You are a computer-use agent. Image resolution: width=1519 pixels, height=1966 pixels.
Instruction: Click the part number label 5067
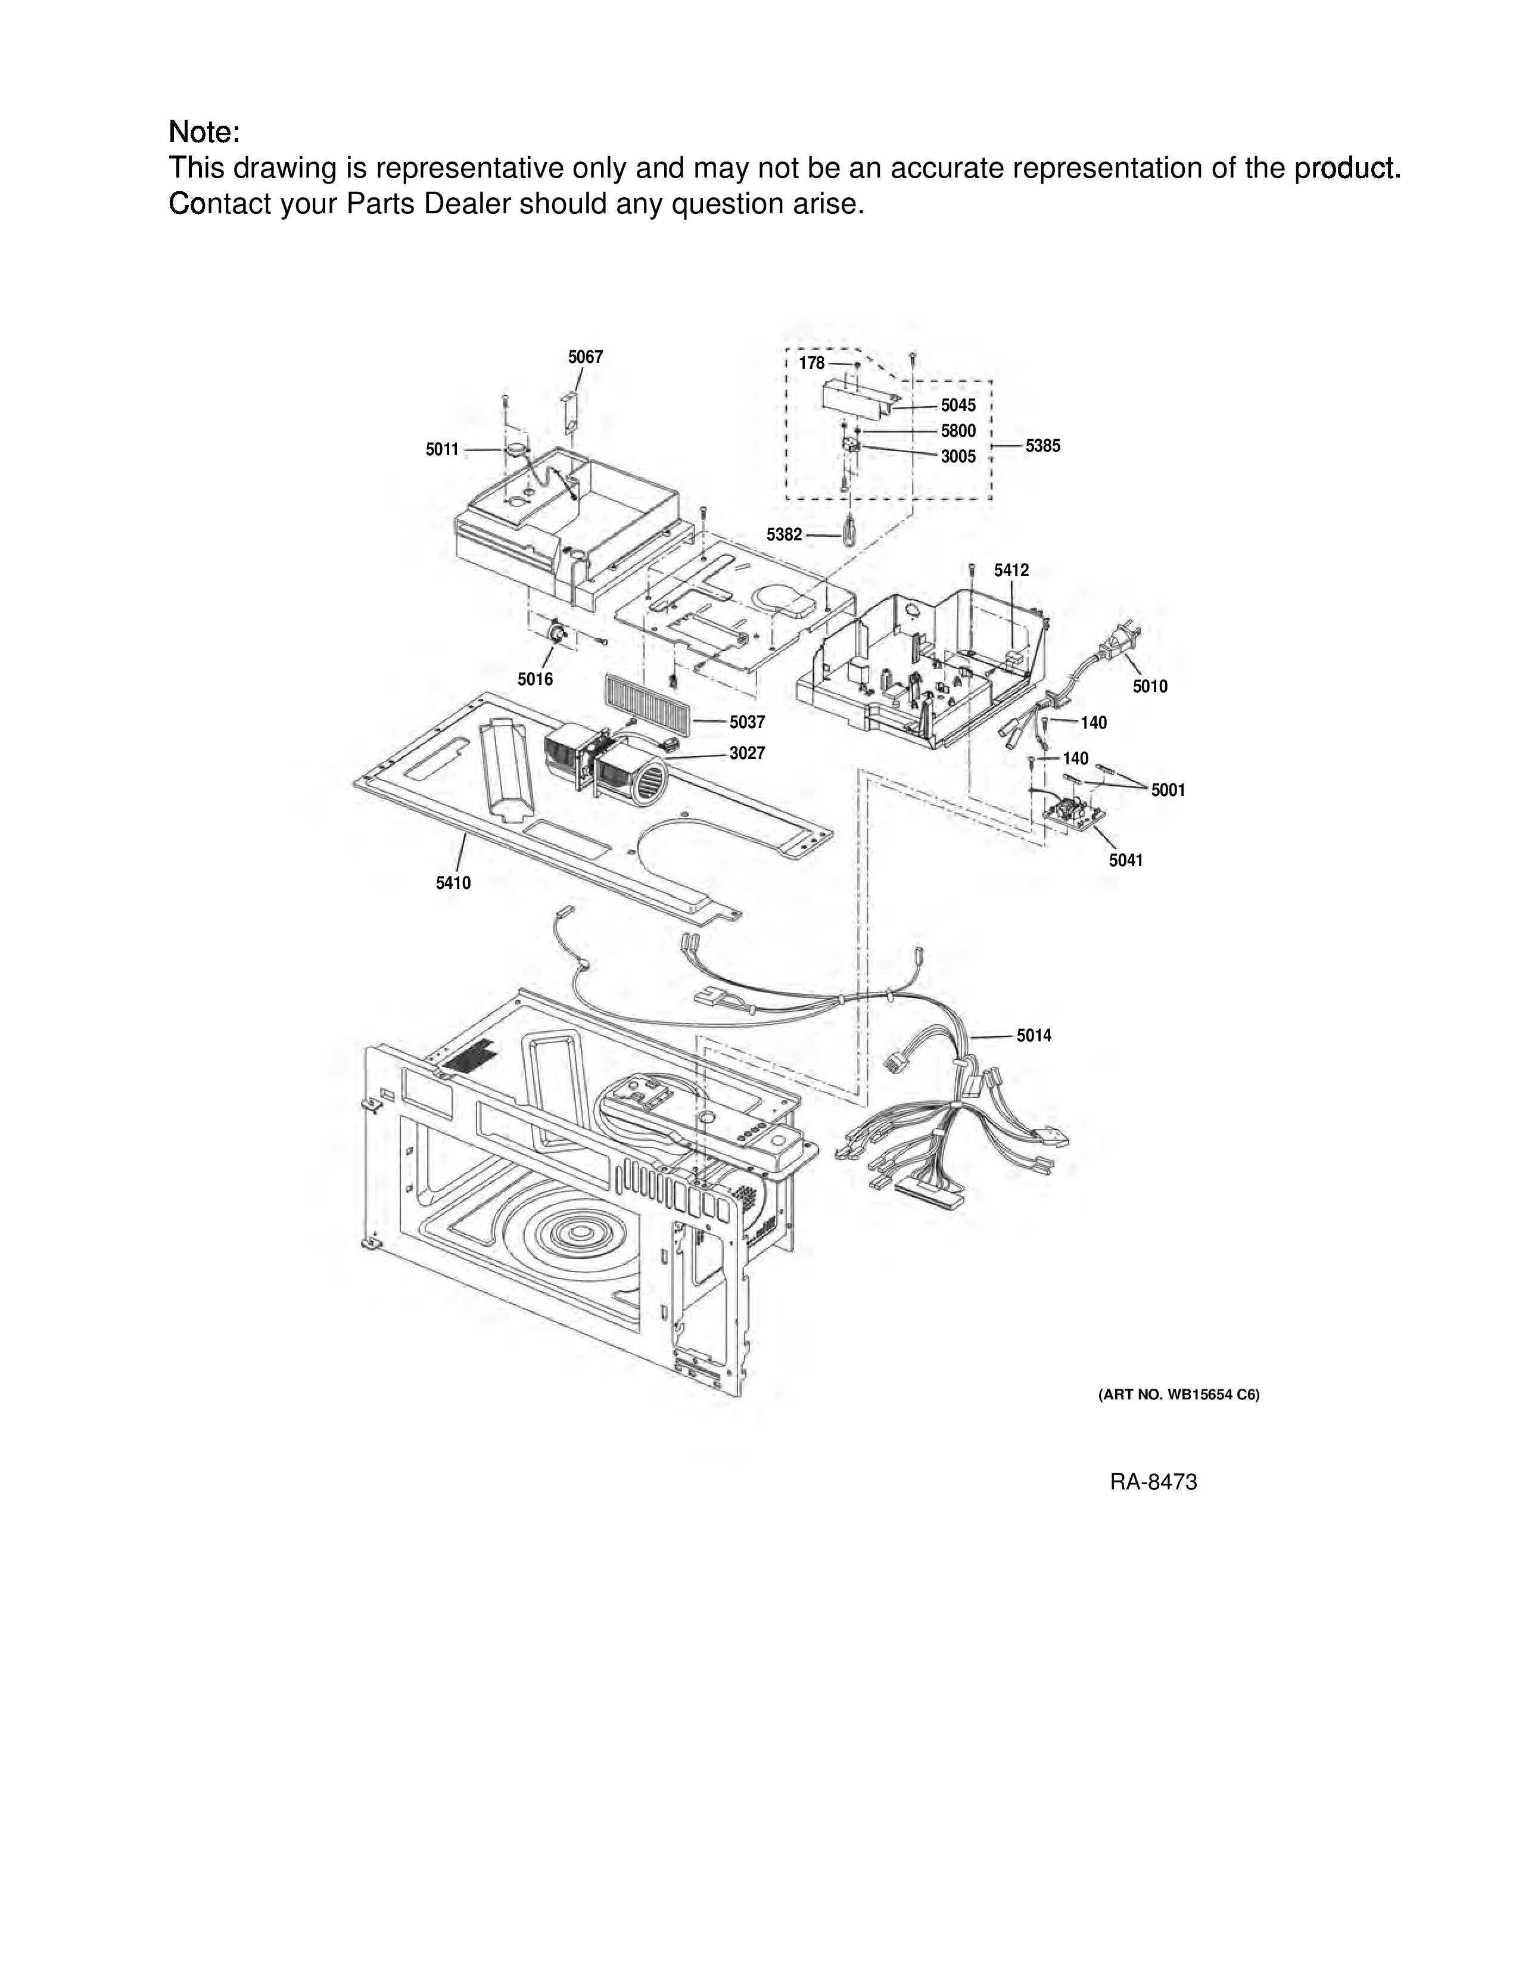tap(585, 357)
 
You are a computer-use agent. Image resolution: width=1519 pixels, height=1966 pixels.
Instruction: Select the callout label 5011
tap(443, 450)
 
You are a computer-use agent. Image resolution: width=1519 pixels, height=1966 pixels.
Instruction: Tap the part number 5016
tap(536, 680)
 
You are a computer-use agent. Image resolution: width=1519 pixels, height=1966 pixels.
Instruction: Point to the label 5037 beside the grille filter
tap(747, 722)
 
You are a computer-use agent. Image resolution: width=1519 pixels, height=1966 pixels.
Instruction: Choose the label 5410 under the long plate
tap(453, 883)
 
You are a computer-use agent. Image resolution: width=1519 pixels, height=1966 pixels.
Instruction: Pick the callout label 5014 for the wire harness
tap(1034, 1036)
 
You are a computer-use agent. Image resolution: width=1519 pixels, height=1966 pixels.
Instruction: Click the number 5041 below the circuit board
tap(1126, 861)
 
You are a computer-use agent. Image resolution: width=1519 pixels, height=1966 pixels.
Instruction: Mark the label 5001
tap(1168, 791)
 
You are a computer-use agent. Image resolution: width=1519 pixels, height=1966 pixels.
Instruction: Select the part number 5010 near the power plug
tap(1150, 687)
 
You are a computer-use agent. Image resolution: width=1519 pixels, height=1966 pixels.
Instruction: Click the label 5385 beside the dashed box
tap(1043, 446)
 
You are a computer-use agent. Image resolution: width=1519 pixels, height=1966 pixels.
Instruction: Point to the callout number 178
tap(812, 363)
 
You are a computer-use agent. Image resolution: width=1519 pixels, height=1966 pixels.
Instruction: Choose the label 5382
tap(784, 535)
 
